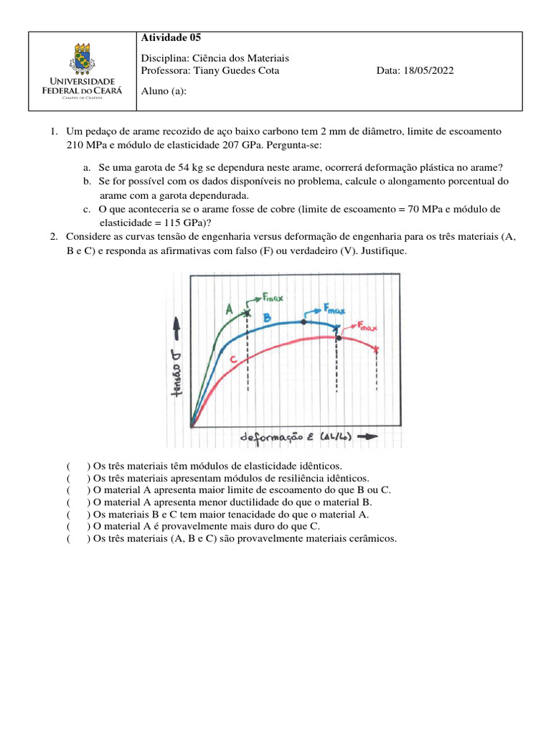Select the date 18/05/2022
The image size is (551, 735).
click(428, 70)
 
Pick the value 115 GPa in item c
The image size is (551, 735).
click(182, 222)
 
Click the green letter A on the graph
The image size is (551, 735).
click(230, 309)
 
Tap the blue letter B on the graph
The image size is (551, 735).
click(266, 317)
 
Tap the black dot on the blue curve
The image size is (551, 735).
click(303, 322)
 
